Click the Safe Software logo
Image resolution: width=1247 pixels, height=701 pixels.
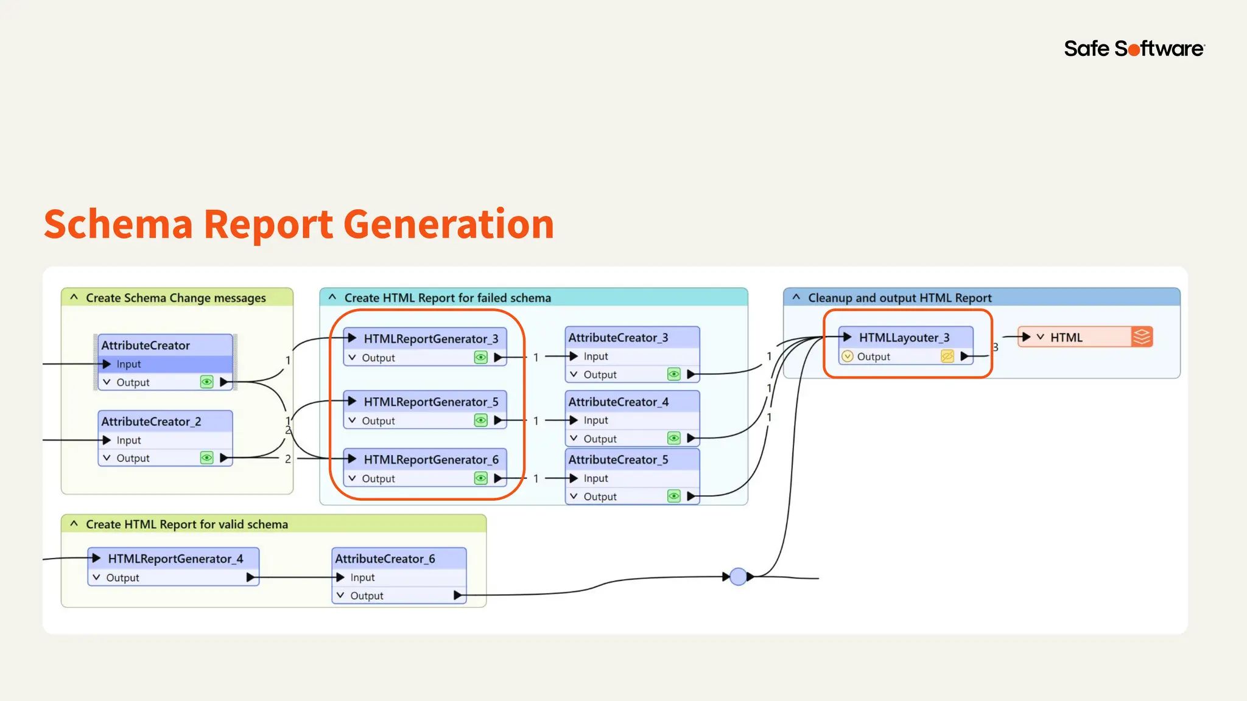1134,49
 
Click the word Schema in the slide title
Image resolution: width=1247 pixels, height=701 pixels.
118,224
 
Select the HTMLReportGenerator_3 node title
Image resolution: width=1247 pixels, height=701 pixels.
430,339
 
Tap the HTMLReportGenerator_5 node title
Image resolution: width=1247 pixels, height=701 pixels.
430,402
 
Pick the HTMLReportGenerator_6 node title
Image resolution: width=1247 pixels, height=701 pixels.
430,460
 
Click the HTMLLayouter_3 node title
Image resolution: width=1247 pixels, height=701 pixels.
904,338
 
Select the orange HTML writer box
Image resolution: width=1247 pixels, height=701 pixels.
1075,338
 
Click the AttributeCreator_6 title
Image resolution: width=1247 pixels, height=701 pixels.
385,559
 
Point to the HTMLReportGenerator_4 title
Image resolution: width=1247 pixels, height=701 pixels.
175,559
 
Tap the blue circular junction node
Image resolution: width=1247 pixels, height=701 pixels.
738,576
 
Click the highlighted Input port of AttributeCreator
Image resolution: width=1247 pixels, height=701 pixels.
129,364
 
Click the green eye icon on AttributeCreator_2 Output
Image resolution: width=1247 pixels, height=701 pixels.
207,458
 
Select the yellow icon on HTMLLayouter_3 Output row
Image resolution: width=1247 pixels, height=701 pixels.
947,357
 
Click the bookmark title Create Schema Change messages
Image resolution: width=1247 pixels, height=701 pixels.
175,298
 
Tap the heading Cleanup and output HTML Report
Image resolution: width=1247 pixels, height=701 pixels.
899,298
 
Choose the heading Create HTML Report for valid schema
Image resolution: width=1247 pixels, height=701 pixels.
186,525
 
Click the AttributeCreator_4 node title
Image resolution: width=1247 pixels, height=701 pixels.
618,402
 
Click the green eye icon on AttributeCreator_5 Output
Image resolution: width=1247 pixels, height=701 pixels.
673,497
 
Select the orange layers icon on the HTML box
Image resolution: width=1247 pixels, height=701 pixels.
1142,337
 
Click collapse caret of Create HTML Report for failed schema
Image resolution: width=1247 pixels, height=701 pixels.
332,298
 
